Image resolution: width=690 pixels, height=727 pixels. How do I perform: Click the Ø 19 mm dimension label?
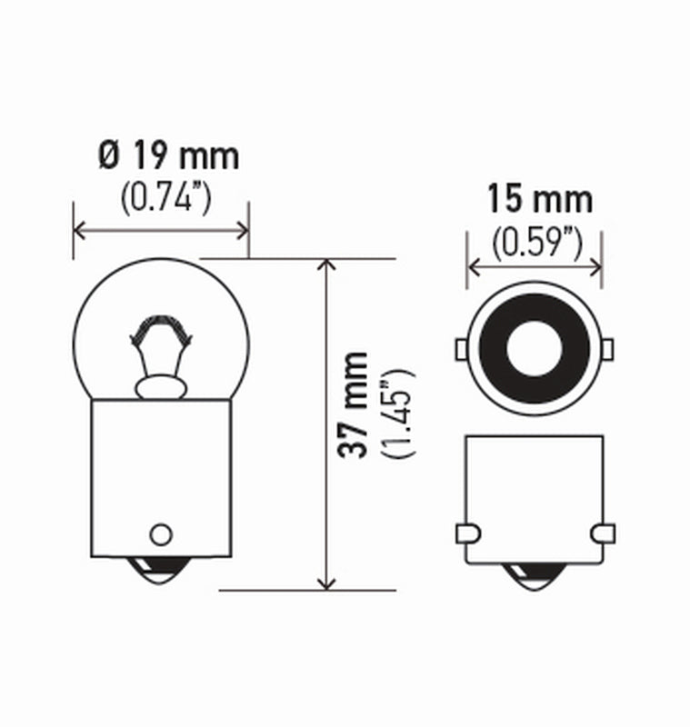[x=169, y=156]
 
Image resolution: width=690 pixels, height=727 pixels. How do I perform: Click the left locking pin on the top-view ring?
[x=460, y=348]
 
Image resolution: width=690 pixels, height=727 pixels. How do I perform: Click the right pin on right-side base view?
[x=603, y=533]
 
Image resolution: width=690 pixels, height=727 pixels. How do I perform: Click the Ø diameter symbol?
[x=108, y=156]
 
